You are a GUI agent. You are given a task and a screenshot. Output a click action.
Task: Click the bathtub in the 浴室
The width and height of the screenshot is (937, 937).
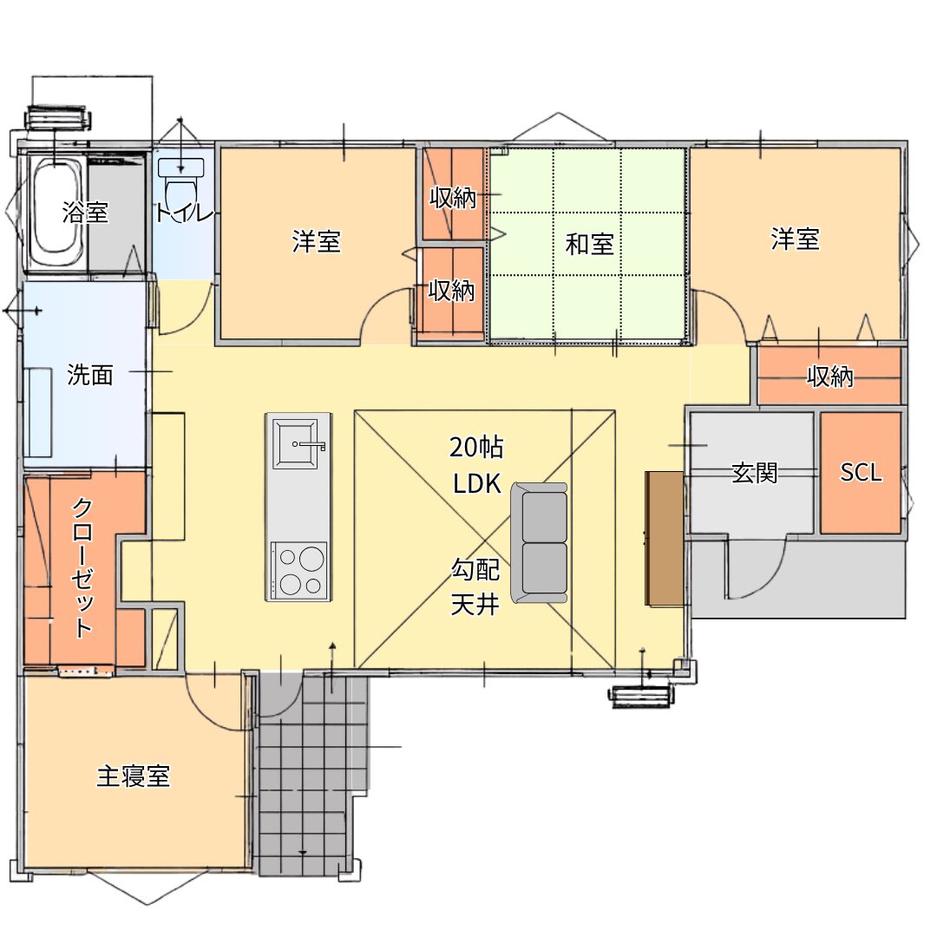(56, 213)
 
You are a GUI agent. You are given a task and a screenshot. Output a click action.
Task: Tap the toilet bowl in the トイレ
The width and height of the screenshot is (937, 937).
(180, 186)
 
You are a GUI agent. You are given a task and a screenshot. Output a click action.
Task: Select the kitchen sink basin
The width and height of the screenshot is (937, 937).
(295, 443)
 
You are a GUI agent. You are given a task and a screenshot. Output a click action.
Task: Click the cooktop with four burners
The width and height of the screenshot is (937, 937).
(298, 570)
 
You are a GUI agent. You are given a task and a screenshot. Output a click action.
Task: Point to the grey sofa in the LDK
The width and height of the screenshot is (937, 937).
(539, 542)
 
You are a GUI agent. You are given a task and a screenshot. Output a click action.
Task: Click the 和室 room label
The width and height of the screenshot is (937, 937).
(589, 244)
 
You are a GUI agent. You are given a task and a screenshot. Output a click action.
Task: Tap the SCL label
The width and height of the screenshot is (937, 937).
(862, 472)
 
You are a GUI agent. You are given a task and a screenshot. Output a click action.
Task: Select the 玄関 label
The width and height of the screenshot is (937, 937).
(754, 473)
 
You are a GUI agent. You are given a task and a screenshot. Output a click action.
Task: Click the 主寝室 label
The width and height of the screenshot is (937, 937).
(134, 776)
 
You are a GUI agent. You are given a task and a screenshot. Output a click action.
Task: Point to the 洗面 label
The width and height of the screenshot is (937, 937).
(89, 375)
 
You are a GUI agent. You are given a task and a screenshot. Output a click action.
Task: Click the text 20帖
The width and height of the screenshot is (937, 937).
(476, 447)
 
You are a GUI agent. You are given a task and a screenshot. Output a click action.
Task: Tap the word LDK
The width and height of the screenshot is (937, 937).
(477, 483)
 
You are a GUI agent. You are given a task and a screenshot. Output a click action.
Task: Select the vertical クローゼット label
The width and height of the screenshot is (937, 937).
(82, 567)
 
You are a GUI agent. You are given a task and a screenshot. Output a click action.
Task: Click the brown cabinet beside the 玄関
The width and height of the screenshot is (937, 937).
(664, 539)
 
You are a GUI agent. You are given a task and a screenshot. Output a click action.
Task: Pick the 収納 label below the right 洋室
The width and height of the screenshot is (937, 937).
(830, 377)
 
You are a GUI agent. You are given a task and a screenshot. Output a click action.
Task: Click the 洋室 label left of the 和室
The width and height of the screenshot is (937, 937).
(316, 241)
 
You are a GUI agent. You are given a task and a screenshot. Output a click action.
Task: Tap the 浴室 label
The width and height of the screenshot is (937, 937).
(85, 213)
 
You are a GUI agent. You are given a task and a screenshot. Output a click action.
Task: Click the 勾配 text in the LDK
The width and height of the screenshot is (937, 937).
(475, 569)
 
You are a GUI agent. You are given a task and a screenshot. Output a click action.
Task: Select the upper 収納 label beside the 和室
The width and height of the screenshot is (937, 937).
(453, 198)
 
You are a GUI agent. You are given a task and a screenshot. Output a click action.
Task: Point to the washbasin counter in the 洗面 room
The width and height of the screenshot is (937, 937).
(38, 412)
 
